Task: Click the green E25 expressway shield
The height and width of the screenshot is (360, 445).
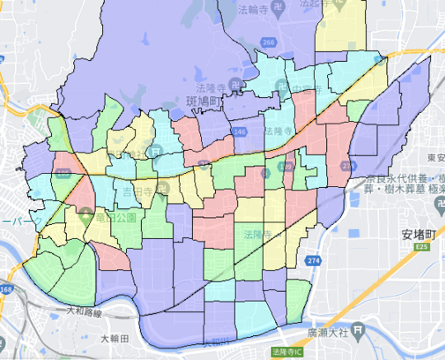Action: pyautogui.click(x=422, y=245)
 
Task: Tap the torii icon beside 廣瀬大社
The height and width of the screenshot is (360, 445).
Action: pyautogui.click(x=357, y=330)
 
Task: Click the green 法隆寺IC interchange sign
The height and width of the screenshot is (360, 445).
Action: pyautogui.click(x=285, y=351)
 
